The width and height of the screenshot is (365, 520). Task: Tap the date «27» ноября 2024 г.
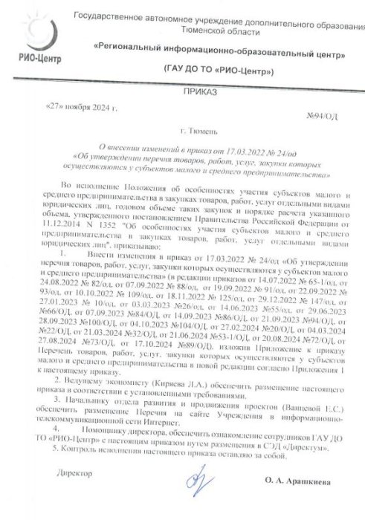pos(81,107)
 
